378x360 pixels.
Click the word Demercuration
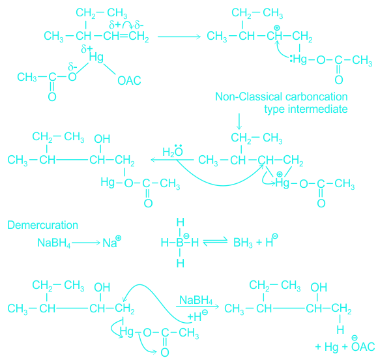click(x=42, y=225)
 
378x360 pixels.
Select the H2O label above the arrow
click(x=173, y=151)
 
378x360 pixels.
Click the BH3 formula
click(x=243, y=243)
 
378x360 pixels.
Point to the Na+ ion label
click(x=112, y=242)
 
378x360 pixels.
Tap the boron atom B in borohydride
click(x=180, y=243)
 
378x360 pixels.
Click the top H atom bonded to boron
click(x=181, y=222)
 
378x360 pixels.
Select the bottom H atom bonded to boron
click(x=181, y=263)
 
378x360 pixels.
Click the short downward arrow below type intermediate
click(x=239, y=121)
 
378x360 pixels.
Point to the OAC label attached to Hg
click(x=129, y=81)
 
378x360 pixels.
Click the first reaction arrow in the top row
click(x=179, y=37)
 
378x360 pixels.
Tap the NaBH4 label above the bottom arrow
click(x=196, y=301)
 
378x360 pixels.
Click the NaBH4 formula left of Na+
click(x=53, y=243)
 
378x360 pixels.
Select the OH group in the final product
click(x=319, y=288)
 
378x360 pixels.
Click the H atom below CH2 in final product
click(x=340, y=330)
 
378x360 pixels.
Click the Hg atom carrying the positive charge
click(x=282, y=183)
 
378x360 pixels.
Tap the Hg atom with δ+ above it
click(x=96, y=57)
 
